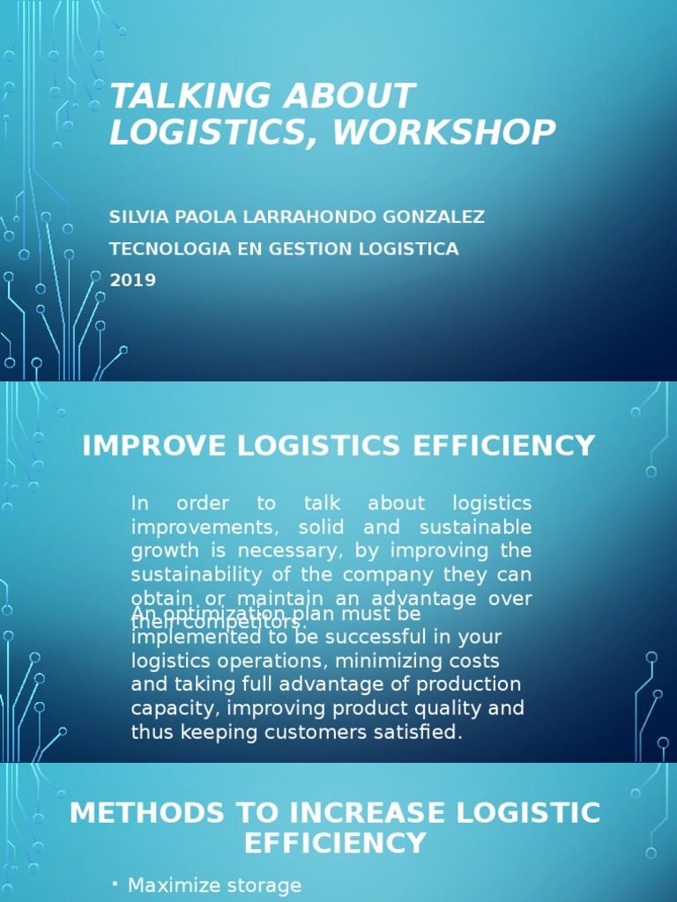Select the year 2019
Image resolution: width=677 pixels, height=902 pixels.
(x=132, y=281)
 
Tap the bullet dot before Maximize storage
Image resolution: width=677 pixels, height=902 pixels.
(x=115, y=884)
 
